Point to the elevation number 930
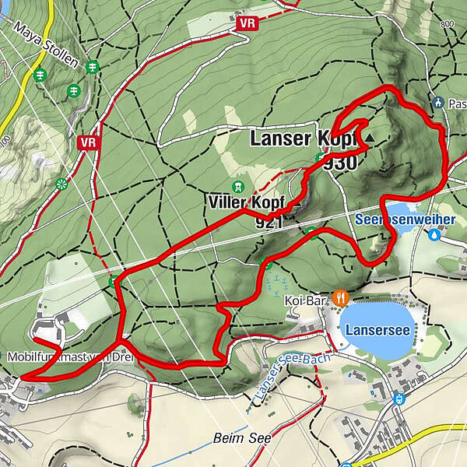click(x=340, y=163)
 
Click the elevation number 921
click(x=269, y=223)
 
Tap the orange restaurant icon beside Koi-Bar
click(x=339, y=297)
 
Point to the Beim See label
click(x=243, y=438)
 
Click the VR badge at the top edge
click(x=248, y=24)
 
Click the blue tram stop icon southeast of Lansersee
click(x=400, y=399)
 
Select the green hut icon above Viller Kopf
click(x=238, y=187)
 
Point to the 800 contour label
click(x=447, y=25)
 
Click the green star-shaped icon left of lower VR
click(x=61, y=184)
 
